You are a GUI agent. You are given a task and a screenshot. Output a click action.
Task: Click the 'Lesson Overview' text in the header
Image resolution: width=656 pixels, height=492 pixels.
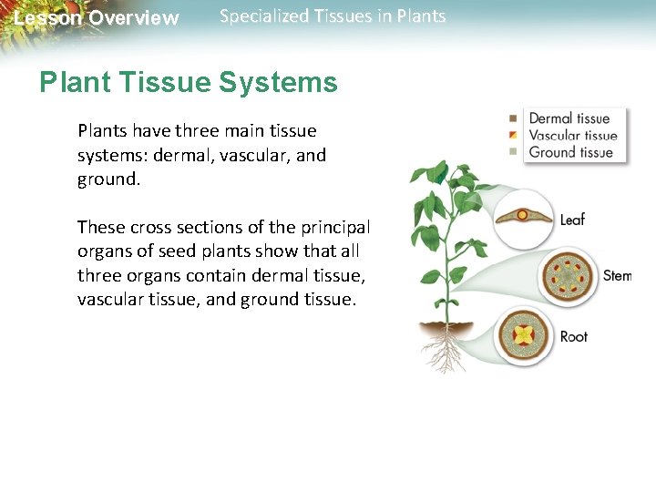click(97, 18)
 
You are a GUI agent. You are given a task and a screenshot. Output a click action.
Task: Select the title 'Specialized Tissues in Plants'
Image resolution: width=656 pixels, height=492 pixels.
click(333, 16)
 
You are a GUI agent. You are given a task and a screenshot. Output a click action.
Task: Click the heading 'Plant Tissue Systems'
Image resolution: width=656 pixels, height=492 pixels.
click(188, 83)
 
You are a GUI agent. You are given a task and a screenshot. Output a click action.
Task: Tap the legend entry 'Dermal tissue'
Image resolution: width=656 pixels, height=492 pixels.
click(569, 118)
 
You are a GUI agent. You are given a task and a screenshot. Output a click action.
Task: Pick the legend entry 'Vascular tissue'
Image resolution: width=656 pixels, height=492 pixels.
click(573, 136)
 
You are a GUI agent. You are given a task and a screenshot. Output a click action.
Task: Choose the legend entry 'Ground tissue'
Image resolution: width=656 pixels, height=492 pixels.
click(571, 152)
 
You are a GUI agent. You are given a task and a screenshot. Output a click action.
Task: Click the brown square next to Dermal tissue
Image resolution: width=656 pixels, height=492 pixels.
click(514, 118)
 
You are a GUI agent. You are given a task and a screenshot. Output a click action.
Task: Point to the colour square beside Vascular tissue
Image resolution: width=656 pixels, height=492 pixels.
click(514, 136)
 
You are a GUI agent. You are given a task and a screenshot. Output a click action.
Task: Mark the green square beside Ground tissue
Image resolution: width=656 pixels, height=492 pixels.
click(514, 152)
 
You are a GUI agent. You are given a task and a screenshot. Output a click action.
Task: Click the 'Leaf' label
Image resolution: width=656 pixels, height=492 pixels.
click(572, 220)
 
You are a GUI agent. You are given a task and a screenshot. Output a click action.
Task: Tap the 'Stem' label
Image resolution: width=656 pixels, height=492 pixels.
click(616, 275)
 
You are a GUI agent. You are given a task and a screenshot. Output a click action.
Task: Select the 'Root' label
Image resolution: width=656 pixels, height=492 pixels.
click(574, 337)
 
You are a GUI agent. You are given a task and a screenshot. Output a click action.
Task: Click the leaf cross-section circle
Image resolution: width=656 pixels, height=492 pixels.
click(523, 219)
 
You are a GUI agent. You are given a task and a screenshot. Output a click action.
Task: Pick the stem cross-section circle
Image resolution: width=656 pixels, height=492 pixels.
click(570, 276)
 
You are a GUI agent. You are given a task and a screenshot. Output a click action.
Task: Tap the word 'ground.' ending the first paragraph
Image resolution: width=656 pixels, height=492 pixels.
click(108, 179)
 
